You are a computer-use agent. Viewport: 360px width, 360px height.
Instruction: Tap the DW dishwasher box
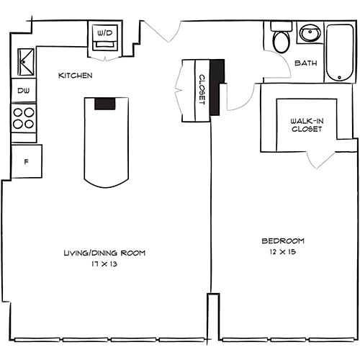23,91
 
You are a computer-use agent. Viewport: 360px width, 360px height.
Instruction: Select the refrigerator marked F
26,161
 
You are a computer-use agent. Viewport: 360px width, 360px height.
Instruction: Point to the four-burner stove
24,117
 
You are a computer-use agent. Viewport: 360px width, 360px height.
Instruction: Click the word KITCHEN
75,75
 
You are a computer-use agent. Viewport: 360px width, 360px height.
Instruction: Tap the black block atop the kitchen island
105,102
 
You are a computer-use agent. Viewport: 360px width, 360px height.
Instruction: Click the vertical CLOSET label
202,90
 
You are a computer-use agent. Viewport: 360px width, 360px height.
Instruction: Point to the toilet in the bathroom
280,39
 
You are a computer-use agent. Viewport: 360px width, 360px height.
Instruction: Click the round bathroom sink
310,33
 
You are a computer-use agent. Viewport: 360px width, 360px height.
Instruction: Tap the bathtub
339,52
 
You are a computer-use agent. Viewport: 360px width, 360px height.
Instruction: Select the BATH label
307,63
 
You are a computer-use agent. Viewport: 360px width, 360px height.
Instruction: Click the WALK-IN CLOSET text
307,125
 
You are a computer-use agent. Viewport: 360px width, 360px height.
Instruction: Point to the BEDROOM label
284,240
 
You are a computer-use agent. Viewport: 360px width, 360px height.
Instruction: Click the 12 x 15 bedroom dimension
284,253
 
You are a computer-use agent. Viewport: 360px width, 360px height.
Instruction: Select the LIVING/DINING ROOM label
105,253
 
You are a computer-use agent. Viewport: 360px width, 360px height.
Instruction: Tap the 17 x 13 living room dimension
105,265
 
